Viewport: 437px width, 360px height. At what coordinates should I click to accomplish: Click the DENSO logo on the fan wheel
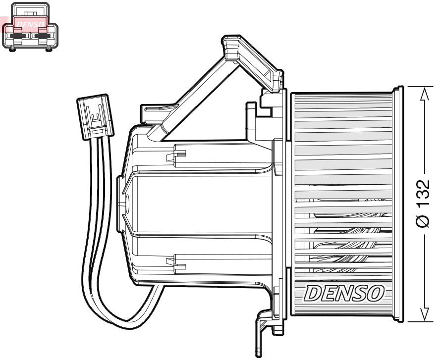click(x=344, y=294)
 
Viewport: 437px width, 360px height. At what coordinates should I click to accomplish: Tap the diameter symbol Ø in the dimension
click(x=423, y=220)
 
